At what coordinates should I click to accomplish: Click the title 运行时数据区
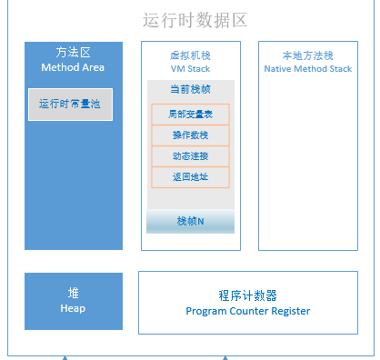[x=195, y=20]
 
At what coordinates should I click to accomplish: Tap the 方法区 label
[x=73, y=54]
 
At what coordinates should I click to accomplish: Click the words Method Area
[x=73, y=67]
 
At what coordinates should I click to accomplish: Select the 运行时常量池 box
[x=70, y=105]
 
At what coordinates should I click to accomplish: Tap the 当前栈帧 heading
[x=190, y=90]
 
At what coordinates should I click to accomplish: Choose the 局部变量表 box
[x=190, y=115]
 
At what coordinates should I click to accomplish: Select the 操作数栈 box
[x=190, y=135]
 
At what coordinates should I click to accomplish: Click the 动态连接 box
[x=190, y=155]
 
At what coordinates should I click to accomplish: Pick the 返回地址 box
[x=190, y=176]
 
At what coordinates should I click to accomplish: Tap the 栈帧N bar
[x=190, y=222]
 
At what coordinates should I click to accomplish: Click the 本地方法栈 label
[x=308, y=55]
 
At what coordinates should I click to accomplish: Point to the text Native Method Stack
[x=308, y=68]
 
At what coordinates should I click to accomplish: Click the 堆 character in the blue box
[x=74, y=294]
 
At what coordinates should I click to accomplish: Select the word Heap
[x=74, y=309]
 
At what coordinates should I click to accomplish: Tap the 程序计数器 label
[x=247, y=295]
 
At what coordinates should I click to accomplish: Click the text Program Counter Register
[x=247, y=311]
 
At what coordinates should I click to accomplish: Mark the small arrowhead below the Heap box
[x=65, y=357]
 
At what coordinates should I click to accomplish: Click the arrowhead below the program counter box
[x=225, y=357]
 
